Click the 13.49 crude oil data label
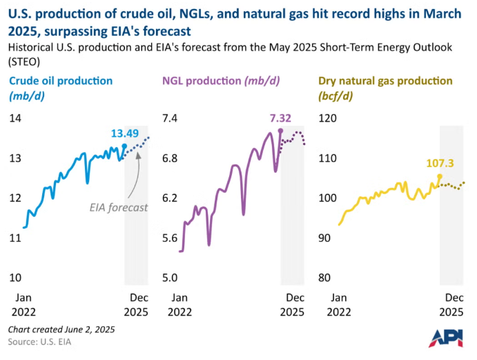(125, 133)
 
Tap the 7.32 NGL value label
(280, 118)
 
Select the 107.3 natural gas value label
(440, 163)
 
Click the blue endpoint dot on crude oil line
(124, 146)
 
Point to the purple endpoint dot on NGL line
(280, 131)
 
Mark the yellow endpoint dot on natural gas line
(440, 176)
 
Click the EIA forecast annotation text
(119, 208)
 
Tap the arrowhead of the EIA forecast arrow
(138, 155)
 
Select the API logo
(446, 339)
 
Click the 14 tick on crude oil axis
(15, 118)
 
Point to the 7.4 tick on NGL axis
(170, 118)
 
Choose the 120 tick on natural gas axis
(327, 118)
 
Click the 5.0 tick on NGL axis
(170, 278)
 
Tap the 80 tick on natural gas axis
(324, 278)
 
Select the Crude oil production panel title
(61, 88)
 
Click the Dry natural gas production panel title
(385, 88)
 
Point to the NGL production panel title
(221, 81)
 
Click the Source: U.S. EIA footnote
(39, 342)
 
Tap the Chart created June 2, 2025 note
(61, 330)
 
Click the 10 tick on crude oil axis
(15, 278)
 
